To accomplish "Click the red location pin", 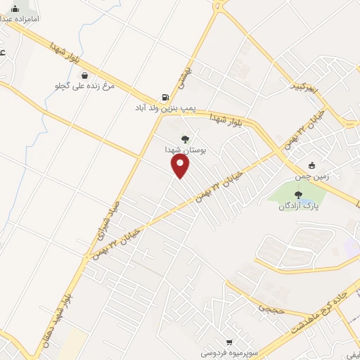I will [181, 166].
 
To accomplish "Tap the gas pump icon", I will [165, 98].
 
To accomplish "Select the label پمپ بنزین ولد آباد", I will [167, 110].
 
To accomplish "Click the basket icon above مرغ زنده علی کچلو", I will [84, 75].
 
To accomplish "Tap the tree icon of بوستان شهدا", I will [185, 139].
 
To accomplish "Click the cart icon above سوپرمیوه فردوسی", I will [229, 341].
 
